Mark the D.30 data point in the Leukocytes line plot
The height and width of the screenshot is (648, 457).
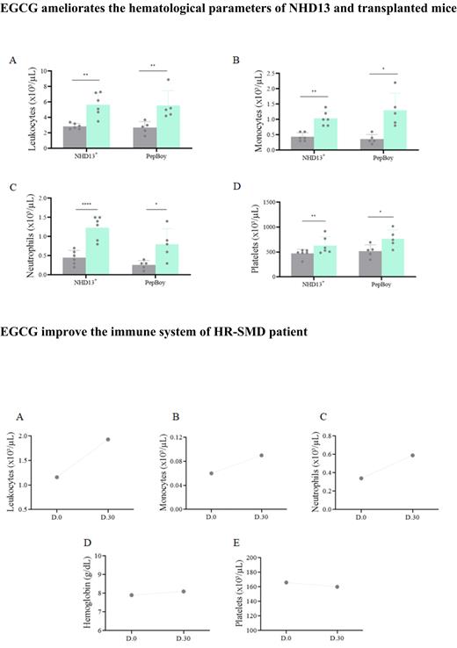pos(108,439)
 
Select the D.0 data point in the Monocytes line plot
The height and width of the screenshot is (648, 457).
pos(211,473)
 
